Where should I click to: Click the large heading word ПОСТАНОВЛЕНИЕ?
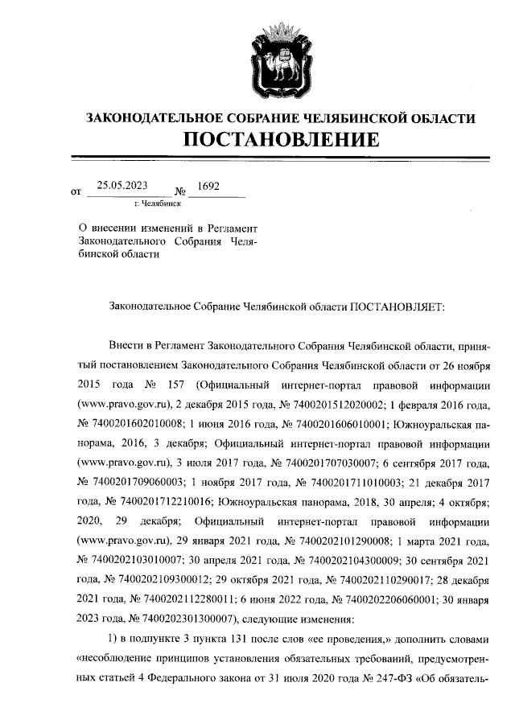(x=281, y=139)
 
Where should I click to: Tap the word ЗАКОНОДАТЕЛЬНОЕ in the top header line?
(x=153, y=117)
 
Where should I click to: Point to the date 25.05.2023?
(x=122, y=184)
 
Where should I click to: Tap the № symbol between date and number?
(x=181, y=191)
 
